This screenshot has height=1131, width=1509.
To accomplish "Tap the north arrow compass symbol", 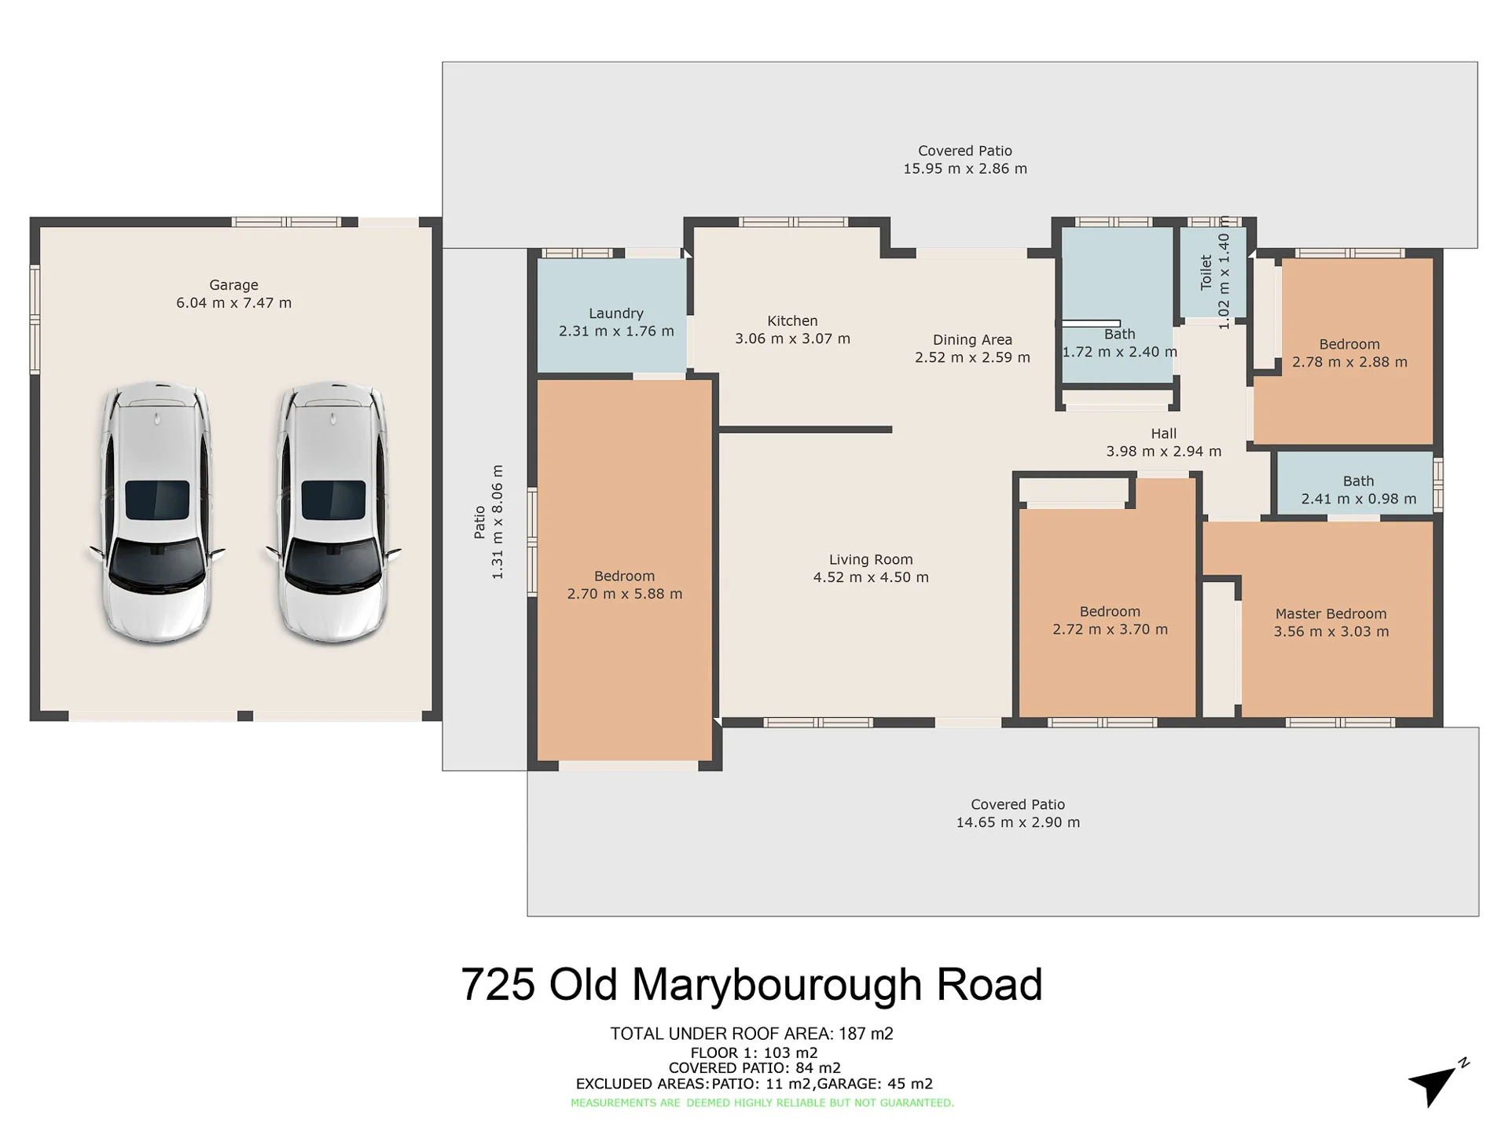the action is (1437, 1083).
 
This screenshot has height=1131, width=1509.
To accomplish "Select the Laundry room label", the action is (616, 313).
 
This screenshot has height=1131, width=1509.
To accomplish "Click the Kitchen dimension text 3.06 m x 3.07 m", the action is (792, 339).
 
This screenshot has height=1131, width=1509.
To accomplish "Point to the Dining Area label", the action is (972, 339).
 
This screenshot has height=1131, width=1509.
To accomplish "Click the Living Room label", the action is (871, 559).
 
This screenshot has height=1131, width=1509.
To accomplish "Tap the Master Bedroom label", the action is (1331, 613).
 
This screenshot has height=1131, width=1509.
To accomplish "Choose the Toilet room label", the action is (1206, 273).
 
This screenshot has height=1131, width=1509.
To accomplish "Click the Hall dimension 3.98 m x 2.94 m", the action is (1164, 452).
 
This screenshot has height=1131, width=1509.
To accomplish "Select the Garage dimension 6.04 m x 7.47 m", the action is (233, 303).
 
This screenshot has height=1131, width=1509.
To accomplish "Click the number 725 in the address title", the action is (498, 984).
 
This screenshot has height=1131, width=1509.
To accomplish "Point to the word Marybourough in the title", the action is (777, 986).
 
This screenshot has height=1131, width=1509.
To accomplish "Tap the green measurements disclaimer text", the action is (762, 1103).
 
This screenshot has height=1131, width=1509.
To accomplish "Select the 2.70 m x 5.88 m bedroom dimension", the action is (625, 594).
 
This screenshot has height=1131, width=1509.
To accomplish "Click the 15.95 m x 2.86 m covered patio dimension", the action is (965, 168).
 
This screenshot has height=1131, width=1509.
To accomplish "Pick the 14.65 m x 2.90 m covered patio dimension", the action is (1018, 822).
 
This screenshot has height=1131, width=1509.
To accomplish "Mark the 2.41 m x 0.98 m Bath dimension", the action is (1359, 499).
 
